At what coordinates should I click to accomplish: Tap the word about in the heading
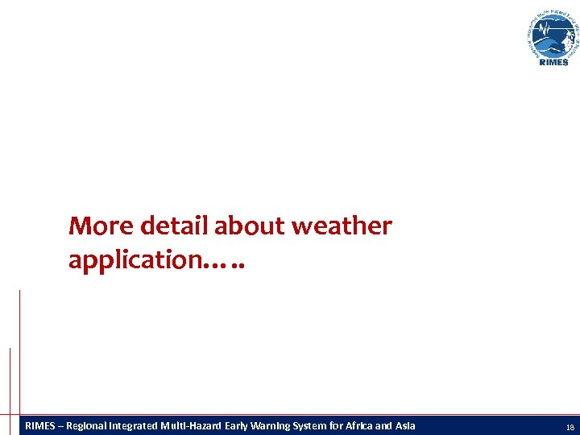pos(250,226)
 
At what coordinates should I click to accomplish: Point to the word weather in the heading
pos(342,226)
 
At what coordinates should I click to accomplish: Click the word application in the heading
pos(138,260)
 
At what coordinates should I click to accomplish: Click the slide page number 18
pos(570,426)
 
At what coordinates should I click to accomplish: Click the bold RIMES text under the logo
pos(553,62)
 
